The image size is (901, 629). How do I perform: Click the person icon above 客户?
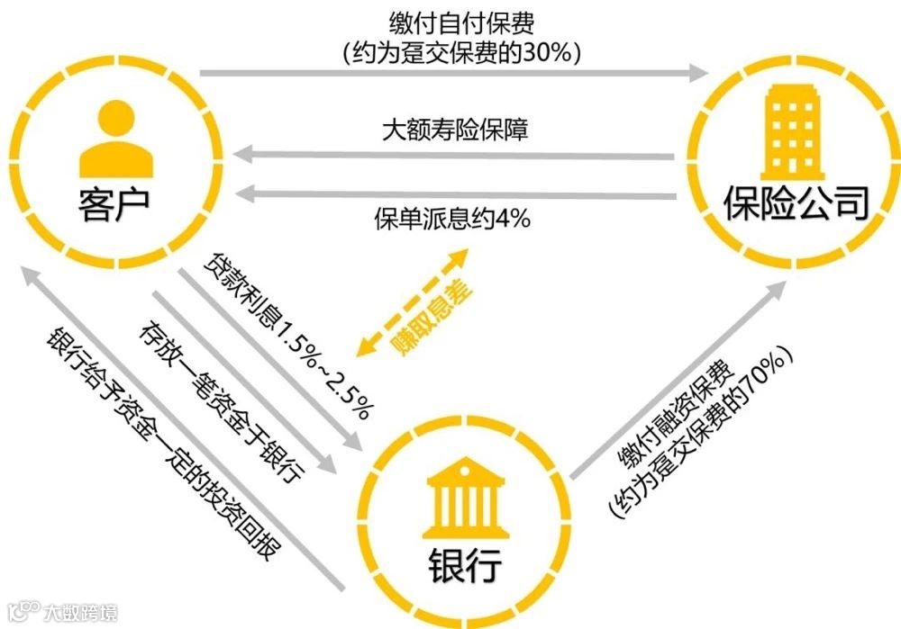click(x=115, y=139)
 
